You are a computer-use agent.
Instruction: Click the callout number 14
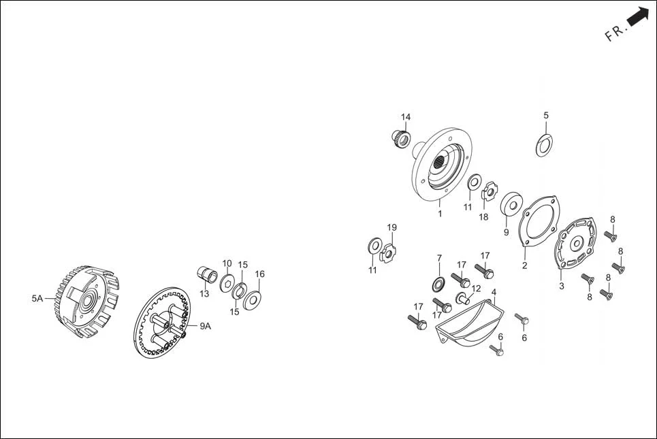click(x=406, y=117)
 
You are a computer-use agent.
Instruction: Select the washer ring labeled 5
click(x=544, y=145)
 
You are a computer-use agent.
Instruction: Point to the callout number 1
click(x=440, y=214)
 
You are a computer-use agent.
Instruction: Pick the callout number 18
click(x=483, y=217)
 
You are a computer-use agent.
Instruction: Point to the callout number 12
click(x=476, y=289)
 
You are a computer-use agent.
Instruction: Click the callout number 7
click(x=439, y=258)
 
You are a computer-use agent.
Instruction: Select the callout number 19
click(x=391, y=227)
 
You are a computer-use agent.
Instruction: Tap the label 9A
click(x=205, y=326)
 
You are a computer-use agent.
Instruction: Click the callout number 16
click(x=260, y=274)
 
